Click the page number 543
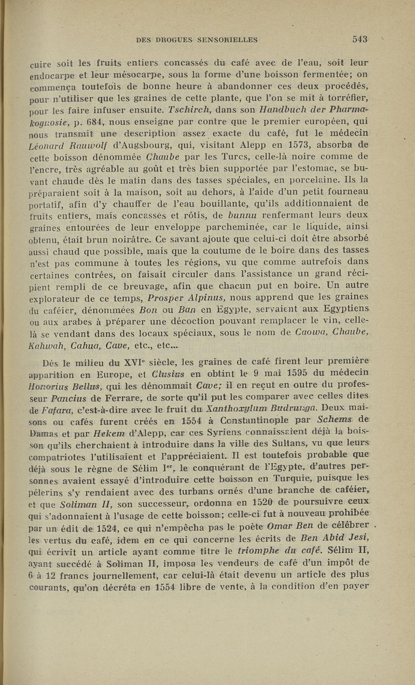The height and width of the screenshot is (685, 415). [x=359, y=38]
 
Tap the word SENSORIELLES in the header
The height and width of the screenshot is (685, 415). [x=223, y=39]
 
